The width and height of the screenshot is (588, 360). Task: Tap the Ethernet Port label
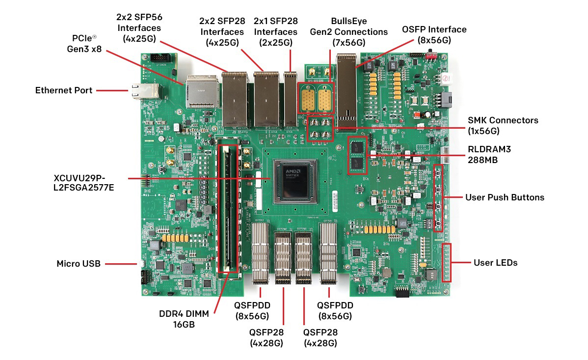[x=63, y=90]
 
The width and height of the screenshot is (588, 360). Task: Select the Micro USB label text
[x=79, y=264]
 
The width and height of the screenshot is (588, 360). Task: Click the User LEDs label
[x=495, y=263]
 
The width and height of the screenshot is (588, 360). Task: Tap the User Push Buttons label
[x=505, y=197]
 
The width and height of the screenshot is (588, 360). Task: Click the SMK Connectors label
[x=503, y=125]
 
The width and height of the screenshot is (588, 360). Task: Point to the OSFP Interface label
[x=434, y=35]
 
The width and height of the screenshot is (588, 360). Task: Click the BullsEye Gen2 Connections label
[x=348, y=32]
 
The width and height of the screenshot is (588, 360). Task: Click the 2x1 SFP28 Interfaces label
[x=275, y=32]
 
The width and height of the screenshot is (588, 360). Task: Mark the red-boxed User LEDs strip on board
[x=446, y=262]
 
